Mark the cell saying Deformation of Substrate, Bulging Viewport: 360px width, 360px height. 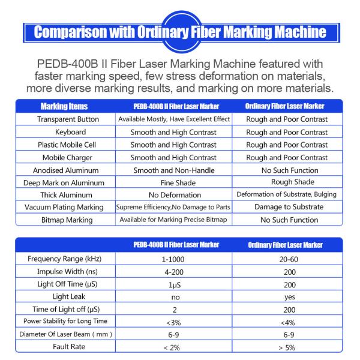(287, 194)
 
